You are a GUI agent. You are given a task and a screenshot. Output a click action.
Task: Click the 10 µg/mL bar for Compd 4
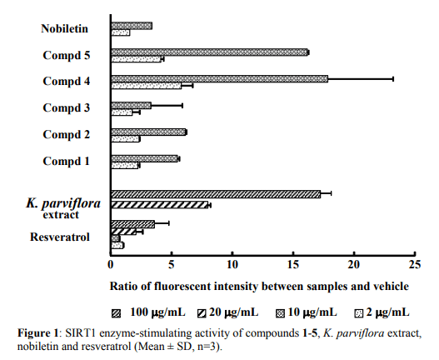tap(220, 79)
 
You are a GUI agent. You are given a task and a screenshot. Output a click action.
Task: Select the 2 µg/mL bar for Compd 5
tap(137, 59)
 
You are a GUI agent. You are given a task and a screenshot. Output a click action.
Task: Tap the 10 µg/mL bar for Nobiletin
tap(132, 26)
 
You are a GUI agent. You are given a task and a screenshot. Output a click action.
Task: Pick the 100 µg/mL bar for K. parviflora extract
tap(216, 194)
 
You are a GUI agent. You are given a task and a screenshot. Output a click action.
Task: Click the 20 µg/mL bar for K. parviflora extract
tap(160, 205)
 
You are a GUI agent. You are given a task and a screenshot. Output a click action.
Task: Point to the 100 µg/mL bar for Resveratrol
tap(133, 224)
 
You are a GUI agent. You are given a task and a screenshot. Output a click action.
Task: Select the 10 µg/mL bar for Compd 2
tap(148, 132)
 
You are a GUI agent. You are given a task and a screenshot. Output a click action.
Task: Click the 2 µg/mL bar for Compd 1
tap(125, 166)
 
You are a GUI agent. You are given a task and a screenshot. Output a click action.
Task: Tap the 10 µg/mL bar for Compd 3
tap(132, 106)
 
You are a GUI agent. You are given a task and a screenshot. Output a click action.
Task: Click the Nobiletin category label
tap(65, 28)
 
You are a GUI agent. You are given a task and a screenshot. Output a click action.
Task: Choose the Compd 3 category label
tap(67, 107)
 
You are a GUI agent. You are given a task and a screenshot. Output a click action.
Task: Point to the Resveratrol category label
tap(60, 237)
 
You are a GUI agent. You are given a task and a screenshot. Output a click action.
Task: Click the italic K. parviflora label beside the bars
tap(63, 203)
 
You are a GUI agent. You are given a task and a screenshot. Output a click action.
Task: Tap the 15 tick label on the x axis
tap(293, 264)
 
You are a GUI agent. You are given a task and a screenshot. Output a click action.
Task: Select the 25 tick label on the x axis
tap(415, 264)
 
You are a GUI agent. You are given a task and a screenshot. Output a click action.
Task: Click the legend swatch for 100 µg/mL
tap(116, 314)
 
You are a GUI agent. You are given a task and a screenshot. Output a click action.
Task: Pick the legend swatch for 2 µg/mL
tap(359, 314)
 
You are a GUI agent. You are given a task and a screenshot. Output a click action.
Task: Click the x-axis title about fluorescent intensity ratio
tap(259, 287)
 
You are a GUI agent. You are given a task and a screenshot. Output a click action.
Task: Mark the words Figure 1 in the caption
tap(37, 333)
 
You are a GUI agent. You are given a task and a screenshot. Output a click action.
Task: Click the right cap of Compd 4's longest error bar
tap(393, 79)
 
